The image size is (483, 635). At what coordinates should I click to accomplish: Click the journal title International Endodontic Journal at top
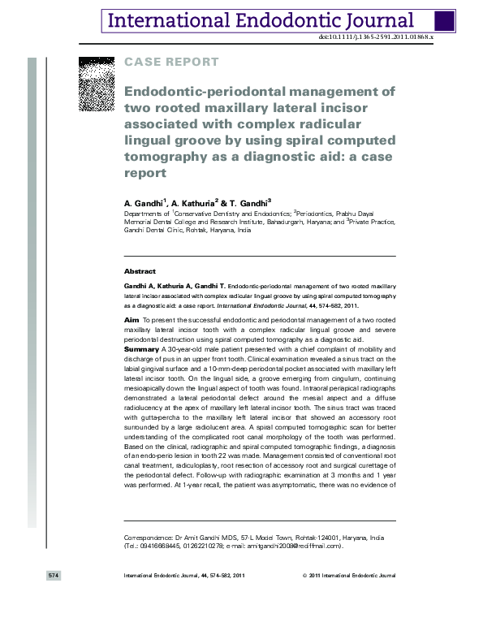[x=261, y=21]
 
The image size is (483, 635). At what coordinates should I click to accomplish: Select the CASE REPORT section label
[x=170, y=62]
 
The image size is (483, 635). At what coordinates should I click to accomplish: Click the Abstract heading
[x=139, y=270]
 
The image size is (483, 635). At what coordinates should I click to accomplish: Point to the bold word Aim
[x=130, y=322]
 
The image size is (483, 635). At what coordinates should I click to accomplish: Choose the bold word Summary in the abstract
[x=141, y=348]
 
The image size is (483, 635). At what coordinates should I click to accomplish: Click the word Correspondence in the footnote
[x=147, y=538]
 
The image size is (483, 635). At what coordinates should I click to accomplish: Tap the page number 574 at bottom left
[x=54, y=575]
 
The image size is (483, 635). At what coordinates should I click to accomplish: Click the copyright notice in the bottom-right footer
[x=349, y=575]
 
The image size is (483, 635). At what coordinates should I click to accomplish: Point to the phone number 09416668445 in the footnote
[x=157, y=546]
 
